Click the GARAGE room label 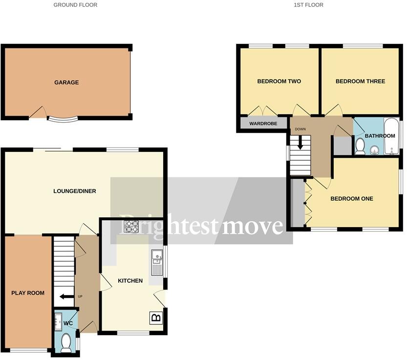66,83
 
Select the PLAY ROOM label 28,293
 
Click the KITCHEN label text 130,281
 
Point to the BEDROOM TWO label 279,82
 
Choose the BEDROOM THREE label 360,82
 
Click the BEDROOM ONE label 352,199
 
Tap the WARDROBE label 263,124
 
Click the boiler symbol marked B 156,318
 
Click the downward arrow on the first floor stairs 300,143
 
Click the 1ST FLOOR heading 308,5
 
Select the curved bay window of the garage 62,119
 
